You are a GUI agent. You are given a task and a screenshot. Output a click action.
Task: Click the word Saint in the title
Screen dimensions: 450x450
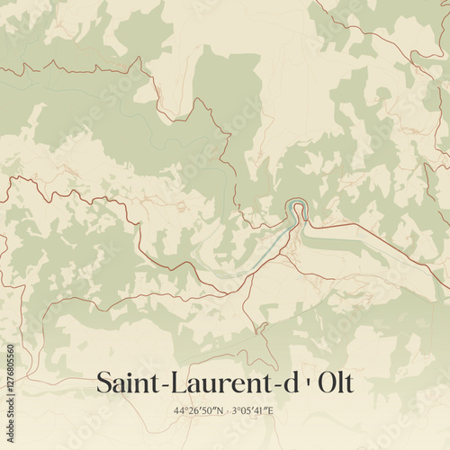pos(124,382)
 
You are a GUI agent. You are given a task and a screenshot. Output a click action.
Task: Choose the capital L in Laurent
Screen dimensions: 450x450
pos(176,382)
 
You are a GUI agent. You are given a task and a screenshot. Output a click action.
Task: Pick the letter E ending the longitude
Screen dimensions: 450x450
pos(276,411)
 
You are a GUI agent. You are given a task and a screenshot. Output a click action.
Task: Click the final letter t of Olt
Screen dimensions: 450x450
pos(349,383)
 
